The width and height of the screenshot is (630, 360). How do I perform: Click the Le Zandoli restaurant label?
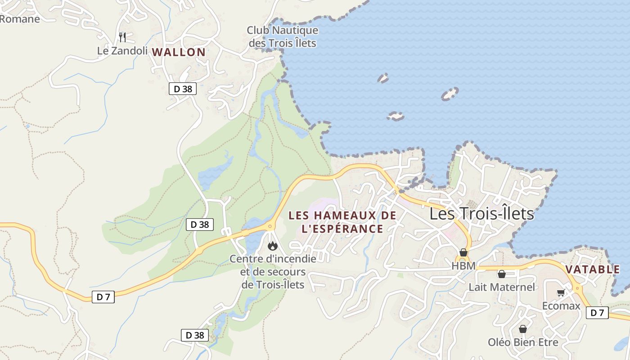122,51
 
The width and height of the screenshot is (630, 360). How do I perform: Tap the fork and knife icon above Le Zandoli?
122,36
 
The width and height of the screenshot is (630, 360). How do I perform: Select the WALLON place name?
179,52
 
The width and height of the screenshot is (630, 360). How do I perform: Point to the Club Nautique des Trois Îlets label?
282,37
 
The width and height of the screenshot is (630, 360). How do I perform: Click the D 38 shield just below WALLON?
183,89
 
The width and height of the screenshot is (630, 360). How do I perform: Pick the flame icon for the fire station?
272,246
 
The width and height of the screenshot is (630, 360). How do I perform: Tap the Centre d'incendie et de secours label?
273,272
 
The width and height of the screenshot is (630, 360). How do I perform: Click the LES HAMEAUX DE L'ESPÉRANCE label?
342,222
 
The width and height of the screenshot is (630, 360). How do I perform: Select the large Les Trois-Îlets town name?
481,213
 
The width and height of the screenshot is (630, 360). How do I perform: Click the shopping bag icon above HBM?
463,252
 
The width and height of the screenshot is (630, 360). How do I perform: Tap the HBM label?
463,266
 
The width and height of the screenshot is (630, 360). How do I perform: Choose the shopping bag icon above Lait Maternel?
501,274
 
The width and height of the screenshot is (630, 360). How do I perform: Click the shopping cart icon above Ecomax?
561,293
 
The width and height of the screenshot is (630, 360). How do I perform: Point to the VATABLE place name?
592,270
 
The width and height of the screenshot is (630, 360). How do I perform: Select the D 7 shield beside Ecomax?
597,313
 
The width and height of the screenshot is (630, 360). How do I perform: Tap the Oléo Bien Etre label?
523,342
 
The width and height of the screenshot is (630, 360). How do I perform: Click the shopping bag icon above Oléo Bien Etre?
522,329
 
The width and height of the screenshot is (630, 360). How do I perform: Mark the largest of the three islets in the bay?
449,94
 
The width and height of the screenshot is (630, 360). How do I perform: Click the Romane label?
20,19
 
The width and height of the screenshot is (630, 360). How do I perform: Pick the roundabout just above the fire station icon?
270,226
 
